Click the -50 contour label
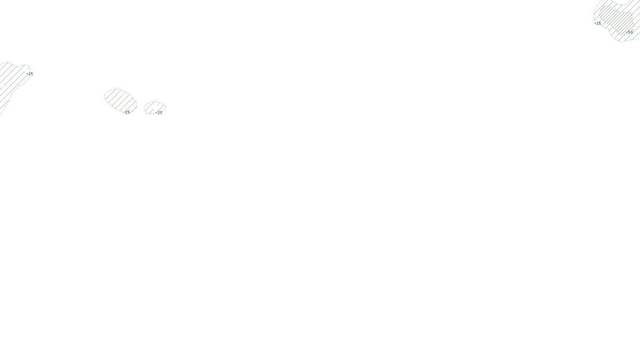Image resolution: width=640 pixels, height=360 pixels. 629,32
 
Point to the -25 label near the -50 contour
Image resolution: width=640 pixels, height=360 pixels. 598,24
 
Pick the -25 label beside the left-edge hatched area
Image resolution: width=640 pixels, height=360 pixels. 30,74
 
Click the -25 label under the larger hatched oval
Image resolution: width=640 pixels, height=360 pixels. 127,112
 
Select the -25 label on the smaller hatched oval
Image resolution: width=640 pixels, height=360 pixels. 159,113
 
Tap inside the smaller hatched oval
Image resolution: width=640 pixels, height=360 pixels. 154,107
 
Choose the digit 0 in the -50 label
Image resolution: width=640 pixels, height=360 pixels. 632,32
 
